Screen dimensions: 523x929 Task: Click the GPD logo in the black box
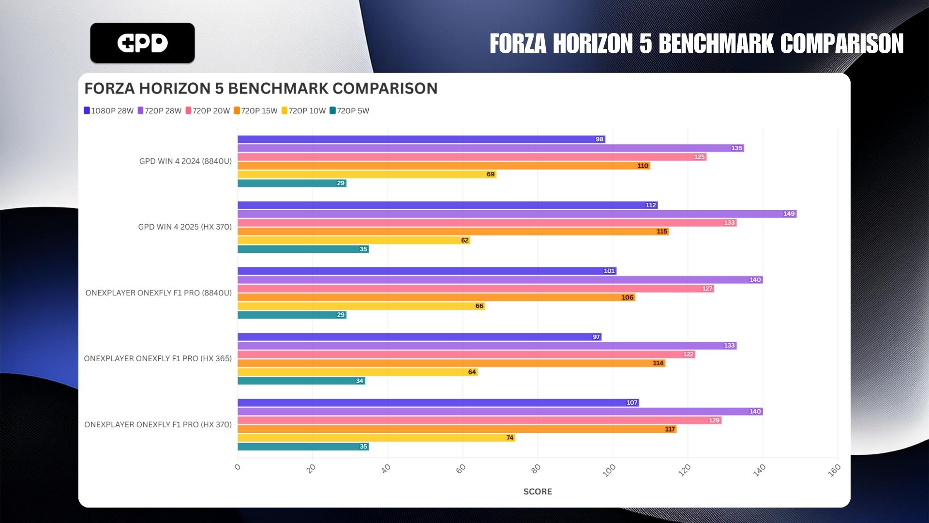coord(142,43)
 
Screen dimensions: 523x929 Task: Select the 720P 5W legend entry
coord(349,111)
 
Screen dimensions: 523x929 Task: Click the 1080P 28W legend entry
coord(108,111)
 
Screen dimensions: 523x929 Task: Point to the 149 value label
coord(789,214)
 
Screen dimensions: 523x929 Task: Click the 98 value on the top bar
coord(599,139)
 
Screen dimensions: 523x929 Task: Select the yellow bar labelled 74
coord(376,438)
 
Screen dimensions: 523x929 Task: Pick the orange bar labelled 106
coord(435,297)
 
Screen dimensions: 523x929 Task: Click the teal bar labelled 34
coord(301,381)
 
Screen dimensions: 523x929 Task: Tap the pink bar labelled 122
coord(466,354)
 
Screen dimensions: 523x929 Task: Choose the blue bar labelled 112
coord(448,205)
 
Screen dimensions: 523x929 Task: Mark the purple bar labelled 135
coord(490,148)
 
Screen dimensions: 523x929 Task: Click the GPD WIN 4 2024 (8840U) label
coord(185,161)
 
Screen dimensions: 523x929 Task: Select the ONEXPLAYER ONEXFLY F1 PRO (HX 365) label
coord(158,359)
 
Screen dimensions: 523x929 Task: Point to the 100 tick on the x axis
coord(609,470)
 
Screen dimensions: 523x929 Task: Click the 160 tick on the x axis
coord(834,470)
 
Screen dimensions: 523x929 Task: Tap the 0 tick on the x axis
coord(238,467)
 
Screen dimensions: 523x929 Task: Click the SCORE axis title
coord(538,492)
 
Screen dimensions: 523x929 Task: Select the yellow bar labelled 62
coord(354,240)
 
